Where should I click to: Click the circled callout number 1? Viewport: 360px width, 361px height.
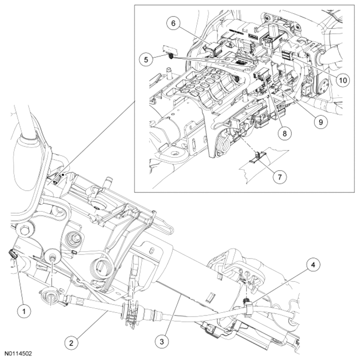pyautogui.click(x=21, y=311)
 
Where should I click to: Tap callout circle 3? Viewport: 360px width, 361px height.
pyautogui.click(x=163, y=342)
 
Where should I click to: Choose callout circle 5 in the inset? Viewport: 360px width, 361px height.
pyautogui.click(x=147, y=59)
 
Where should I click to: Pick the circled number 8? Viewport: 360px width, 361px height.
pyautogui.click(x=283, y=132)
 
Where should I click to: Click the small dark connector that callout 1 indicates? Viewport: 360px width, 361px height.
pyautogui.click(x=12, y=255)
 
